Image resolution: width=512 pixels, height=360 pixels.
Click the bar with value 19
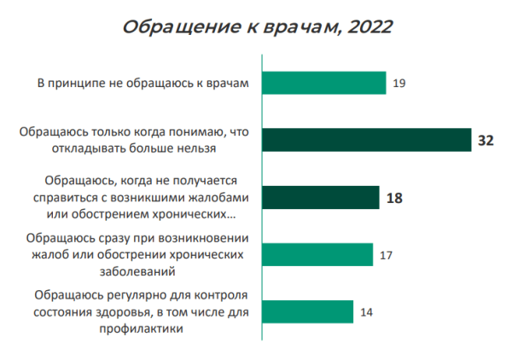(x=323, y=83)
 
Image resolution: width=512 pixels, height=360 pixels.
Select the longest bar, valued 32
(x=366, y=140)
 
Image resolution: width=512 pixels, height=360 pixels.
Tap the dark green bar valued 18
(x=320, y=197)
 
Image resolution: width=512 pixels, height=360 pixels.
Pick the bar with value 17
(x=317, y=254)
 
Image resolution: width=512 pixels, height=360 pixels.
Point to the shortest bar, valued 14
(x=306, y=311)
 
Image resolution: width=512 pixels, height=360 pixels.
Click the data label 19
(x=400, y=83)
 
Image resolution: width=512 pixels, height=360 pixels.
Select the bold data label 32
(x=486, y=140)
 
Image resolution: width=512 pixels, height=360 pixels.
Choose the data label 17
(x=387, y=254)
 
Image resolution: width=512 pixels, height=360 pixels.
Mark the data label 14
(x=367, y=311)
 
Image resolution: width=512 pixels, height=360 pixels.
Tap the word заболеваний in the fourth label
(x=137, y=270)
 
